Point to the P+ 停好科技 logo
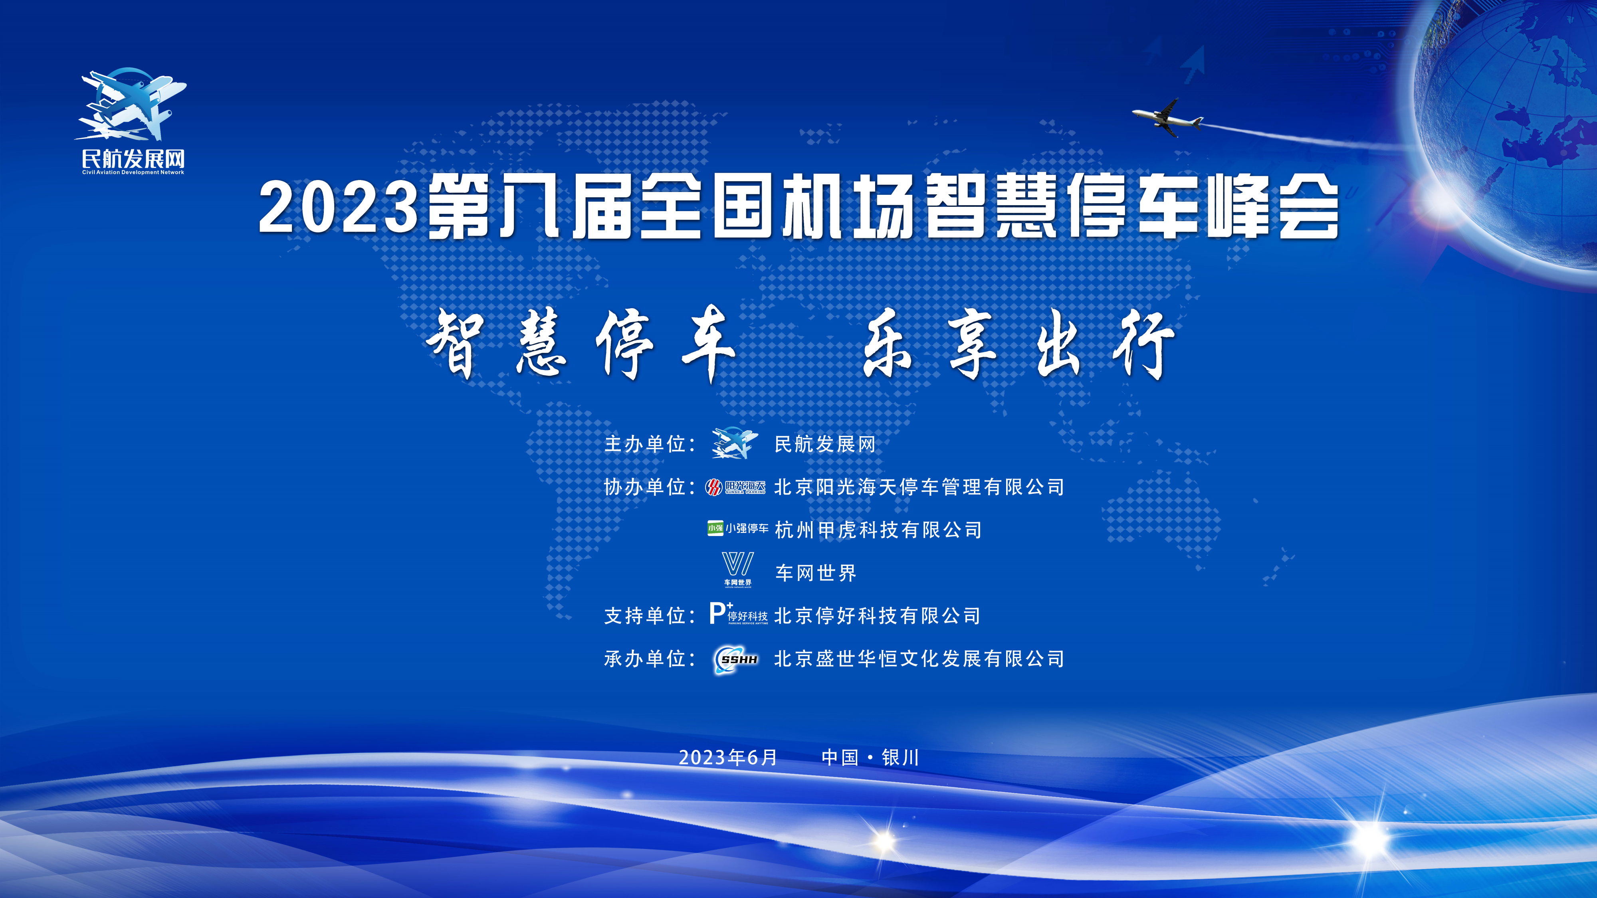click(x=738, y=613)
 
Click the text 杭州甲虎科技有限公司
click(x=878, y=530)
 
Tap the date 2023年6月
click(x=728, y=758)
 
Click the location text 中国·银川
click(x=870, y=758)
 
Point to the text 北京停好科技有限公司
click(x=877, y=615)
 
